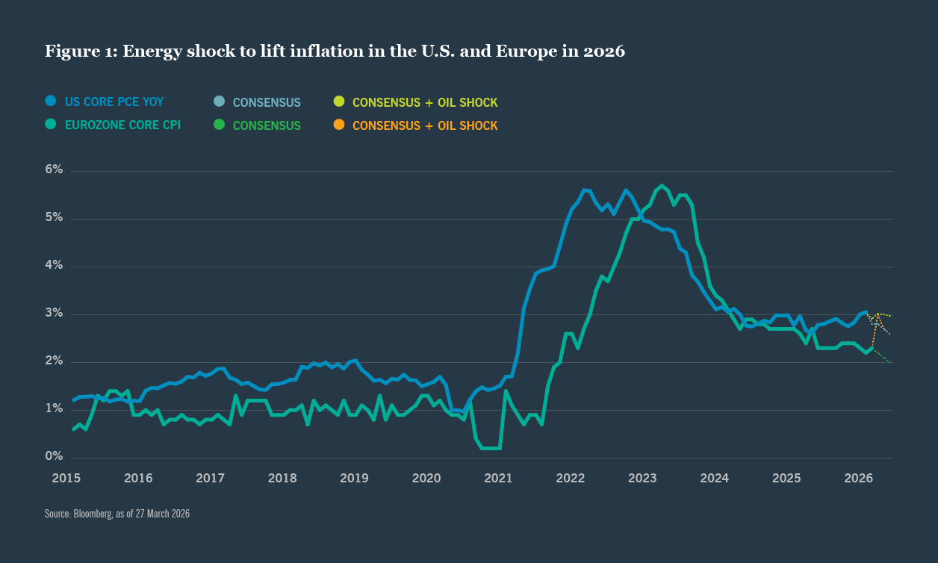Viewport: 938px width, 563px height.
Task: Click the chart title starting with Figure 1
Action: click(335, 52)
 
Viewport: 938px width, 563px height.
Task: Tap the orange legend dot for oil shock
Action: click(339, 125)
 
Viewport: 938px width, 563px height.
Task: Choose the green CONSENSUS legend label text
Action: click(267, 125)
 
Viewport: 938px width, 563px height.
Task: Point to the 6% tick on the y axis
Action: click(53, 170)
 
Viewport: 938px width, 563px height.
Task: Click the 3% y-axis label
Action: click(53, 314)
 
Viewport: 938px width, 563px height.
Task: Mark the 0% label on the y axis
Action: click(53, 457)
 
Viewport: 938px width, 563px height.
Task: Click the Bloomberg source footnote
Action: click(117, 514)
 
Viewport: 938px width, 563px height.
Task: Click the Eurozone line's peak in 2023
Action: click(662, 185)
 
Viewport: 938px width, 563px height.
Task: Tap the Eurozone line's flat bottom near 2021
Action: click(490, 448)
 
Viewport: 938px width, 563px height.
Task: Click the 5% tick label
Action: click(53, 218)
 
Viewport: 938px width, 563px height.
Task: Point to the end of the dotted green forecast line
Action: click(890, 362)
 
